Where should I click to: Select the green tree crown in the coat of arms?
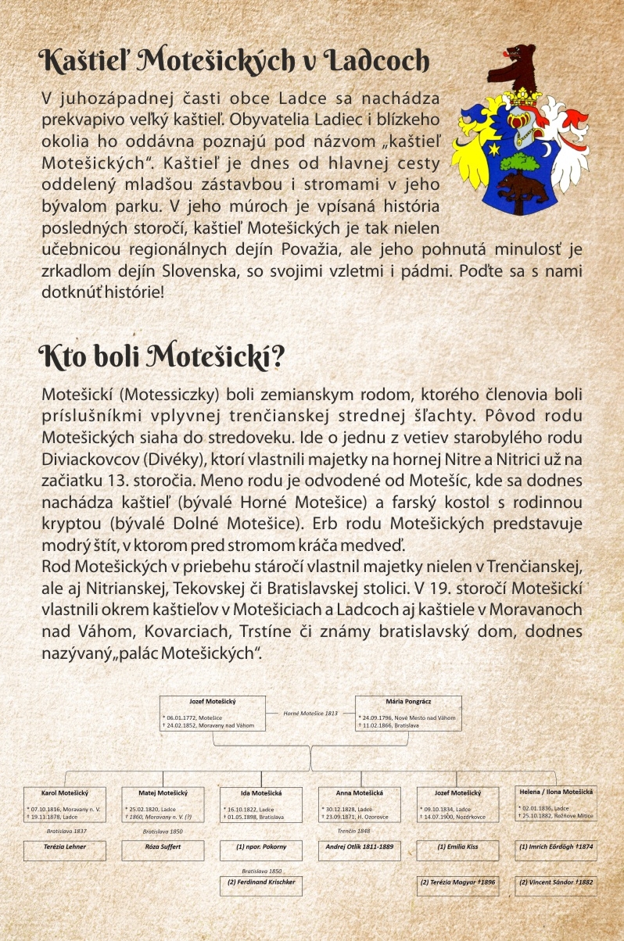click(518, 161)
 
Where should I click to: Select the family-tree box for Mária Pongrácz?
click(408, 713)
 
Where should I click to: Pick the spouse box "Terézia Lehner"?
click(64, 846)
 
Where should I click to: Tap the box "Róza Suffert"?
click(163, 846)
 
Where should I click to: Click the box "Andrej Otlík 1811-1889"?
click(360, 846)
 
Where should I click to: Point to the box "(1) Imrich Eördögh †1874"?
click(556, 846)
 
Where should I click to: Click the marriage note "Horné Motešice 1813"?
click(310, 714)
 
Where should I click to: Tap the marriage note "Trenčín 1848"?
click(353, 832)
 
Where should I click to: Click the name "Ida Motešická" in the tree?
click(261, 793)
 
